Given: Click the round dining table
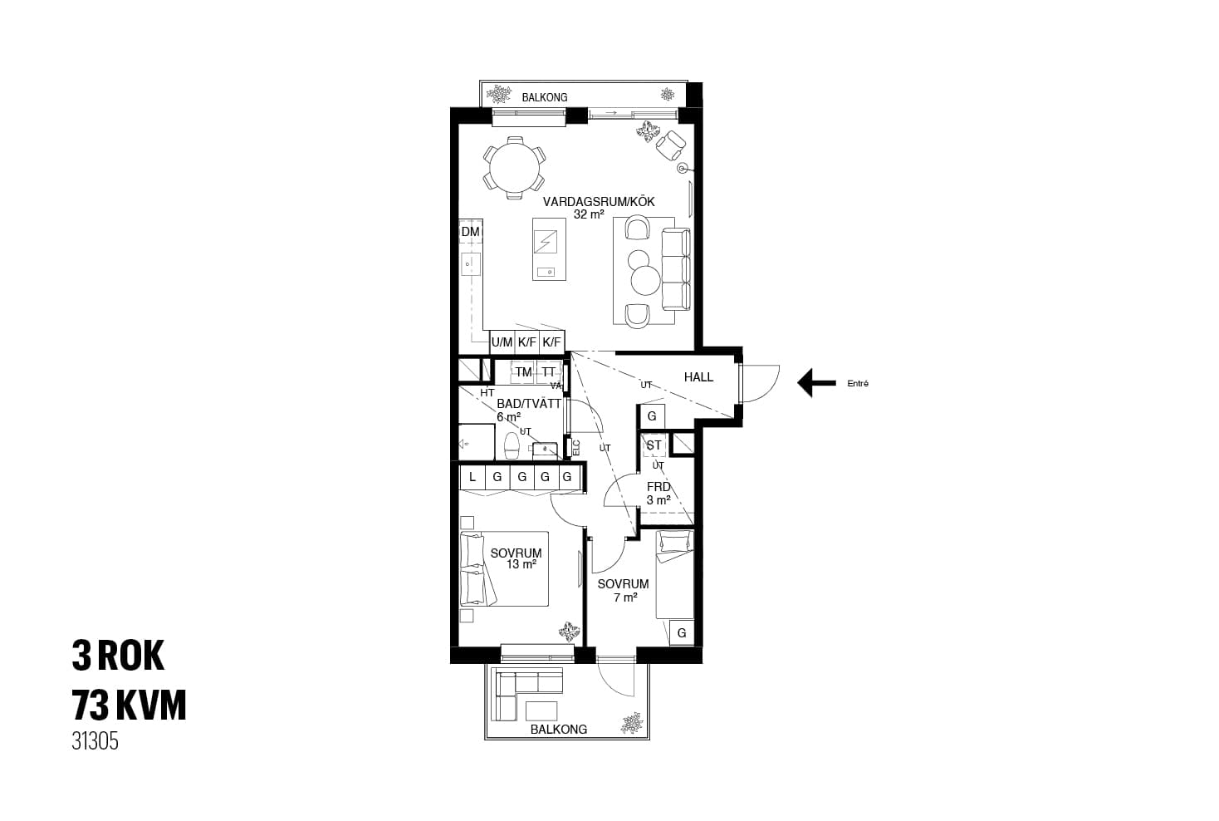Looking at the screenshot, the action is click(x=514, y=168).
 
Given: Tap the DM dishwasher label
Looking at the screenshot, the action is click(x=470, y=232).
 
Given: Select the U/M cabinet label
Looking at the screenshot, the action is click(x=502, y=342).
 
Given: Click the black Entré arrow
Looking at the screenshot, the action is click(x=817, y=383).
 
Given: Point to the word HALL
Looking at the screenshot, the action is click(x=698, y=376).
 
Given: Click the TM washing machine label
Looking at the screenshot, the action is click(x=523, y=372).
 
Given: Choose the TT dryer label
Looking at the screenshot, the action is click(x=549, y=372).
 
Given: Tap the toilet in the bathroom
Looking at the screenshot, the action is click(x=512, y=446).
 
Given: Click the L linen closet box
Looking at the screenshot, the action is click(x=472, y=477).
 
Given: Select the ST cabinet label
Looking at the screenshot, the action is click(x=654, y=445).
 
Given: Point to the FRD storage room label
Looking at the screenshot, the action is click(x=658, y=487).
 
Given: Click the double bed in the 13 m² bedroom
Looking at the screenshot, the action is click(x=504, y=569).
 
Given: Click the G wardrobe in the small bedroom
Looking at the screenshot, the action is click(x=682, y=632).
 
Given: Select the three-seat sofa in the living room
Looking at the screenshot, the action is click(x=675, y=269).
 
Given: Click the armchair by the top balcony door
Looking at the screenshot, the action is click(x=670, y=145).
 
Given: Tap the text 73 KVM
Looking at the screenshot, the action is click(x=129, y=705).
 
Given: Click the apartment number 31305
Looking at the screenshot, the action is click(x=95, y=741).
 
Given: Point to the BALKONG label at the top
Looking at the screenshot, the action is click(x=545, y=97).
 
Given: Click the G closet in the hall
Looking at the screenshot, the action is click(x=652, y=417).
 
